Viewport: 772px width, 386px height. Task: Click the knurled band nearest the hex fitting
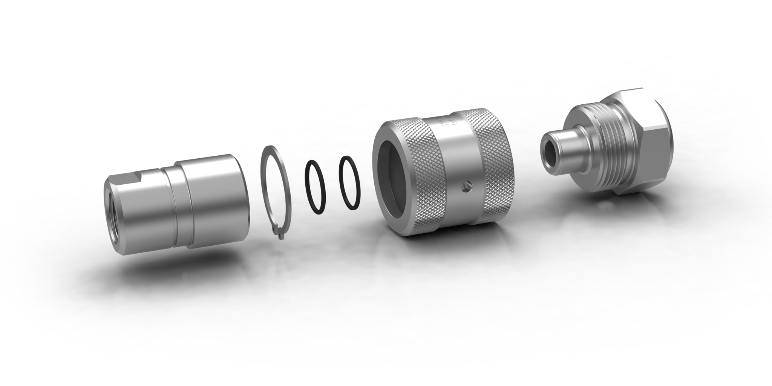(x=494, y=158)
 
